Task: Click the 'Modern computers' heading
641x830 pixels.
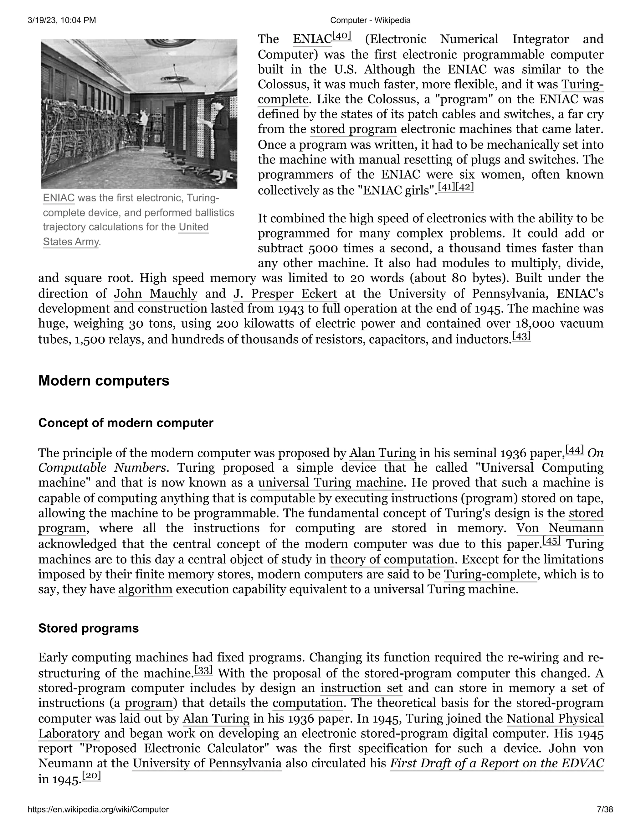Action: coord(104,381)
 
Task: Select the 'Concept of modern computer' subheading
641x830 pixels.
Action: coord(126,423)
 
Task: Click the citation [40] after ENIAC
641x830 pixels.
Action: coord(342,36)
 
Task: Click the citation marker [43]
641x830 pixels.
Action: coord(521,336)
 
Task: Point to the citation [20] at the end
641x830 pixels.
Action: coord(91,776)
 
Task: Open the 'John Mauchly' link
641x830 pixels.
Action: coord(156,294)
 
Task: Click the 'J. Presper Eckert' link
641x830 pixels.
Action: coord(285,294)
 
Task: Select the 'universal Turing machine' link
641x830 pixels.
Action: coord(331,483)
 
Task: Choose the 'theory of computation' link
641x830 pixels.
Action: coord(392,559)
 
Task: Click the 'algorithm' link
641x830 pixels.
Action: coord(146,589)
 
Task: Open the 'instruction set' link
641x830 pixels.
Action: coord(361,688)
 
